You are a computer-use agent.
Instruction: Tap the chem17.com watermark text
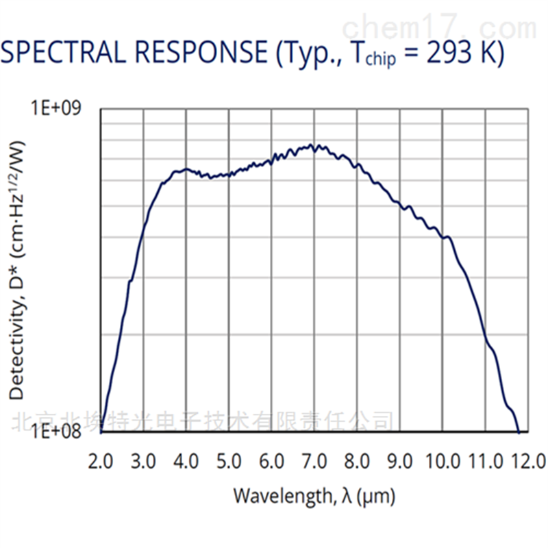tap(439, 27)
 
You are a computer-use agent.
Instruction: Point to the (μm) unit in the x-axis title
tap(378, 495)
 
